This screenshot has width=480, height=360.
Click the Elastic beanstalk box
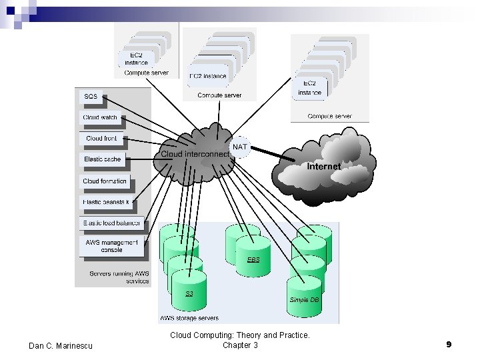click(107, 201)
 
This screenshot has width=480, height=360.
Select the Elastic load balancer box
click(111, 223)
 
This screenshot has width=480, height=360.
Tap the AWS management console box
click(112, 246)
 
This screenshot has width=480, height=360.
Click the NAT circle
click(239, 147)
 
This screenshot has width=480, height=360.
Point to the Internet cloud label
click(324, 166)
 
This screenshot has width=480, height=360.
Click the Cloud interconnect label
click(195, 154)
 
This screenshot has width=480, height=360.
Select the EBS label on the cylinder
click(253, 259)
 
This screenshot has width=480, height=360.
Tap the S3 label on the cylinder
click(189, 293)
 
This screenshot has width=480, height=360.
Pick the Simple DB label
click(304, 300)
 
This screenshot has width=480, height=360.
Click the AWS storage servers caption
click(189, 318)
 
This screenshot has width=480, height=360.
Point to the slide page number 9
click(449, 345)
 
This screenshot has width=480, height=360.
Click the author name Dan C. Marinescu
click(61, 345)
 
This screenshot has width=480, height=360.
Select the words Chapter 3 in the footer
click(240, 345)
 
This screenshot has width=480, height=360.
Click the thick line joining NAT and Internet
click(273, 154)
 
